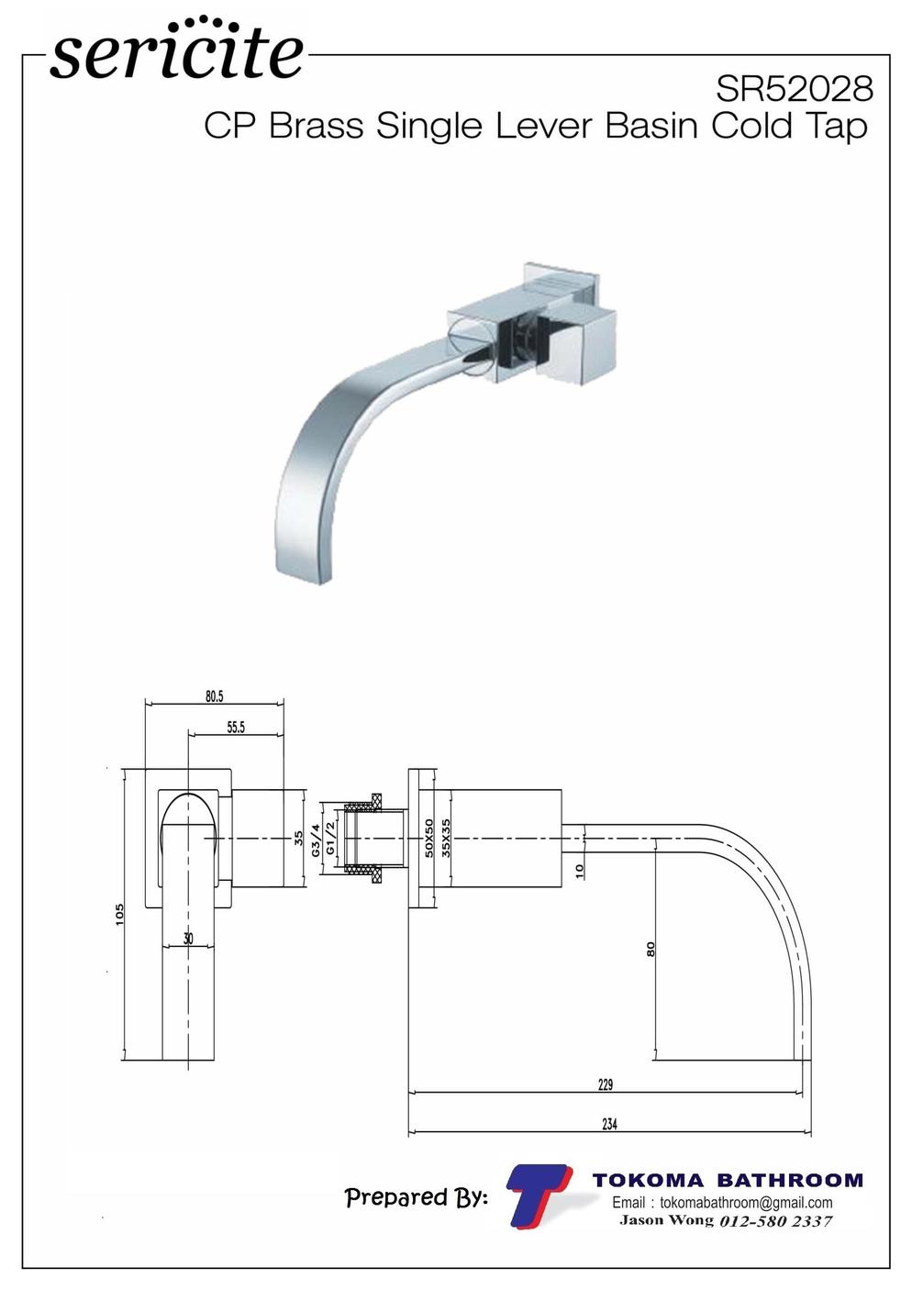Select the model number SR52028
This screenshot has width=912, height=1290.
click(x=795, y=89)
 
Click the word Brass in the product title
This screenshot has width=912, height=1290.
click(x=317, y=126)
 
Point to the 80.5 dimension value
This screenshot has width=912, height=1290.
click(x=214, y=696)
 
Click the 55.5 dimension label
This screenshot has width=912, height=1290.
click(x=236, y=728)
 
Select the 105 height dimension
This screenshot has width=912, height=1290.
click(x=119, y=915)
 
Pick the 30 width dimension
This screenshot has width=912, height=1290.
click(x=188, y=939)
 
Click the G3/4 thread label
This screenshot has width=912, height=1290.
click(x=316, y=840)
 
